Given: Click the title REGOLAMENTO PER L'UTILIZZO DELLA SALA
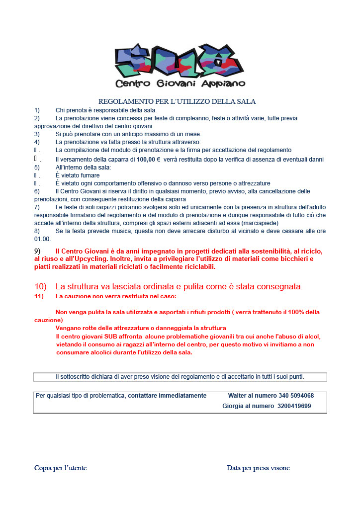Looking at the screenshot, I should click(x=177, y=101).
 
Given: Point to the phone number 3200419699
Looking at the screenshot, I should click(x=294, y=406).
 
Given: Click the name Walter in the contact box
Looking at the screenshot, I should click(x=238, y=396).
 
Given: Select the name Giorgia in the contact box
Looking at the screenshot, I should click(x=233, y=406).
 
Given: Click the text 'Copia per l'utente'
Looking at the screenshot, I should click(x=60, y=468).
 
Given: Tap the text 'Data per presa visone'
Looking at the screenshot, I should click(x=258, y=468).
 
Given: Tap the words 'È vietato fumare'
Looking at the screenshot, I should click(x=78, y=175).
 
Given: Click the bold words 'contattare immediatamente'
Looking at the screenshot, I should click(x=167, y=396).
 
